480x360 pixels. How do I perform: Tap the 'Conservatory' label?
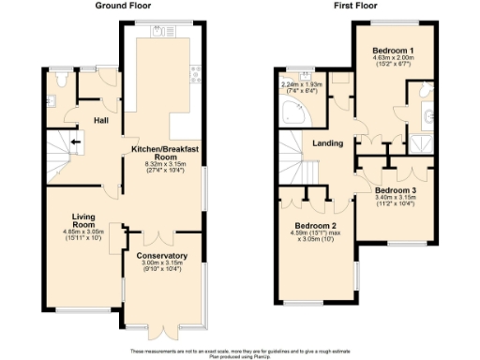click(x=161, y=256)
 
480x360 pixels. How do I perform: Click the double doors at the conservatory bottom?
click(x=161, y=329)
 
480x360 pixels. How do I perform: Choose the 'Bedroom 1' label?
click(x=393, y=49)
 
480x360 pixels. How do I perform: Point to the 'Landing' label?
click(x=327, y=143)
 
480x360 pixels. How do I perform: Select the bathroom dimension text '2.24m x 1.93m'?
click(x=302, y=85)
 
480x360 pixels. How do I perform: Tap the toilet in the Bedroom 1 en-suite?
click(x=427, y=116)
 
